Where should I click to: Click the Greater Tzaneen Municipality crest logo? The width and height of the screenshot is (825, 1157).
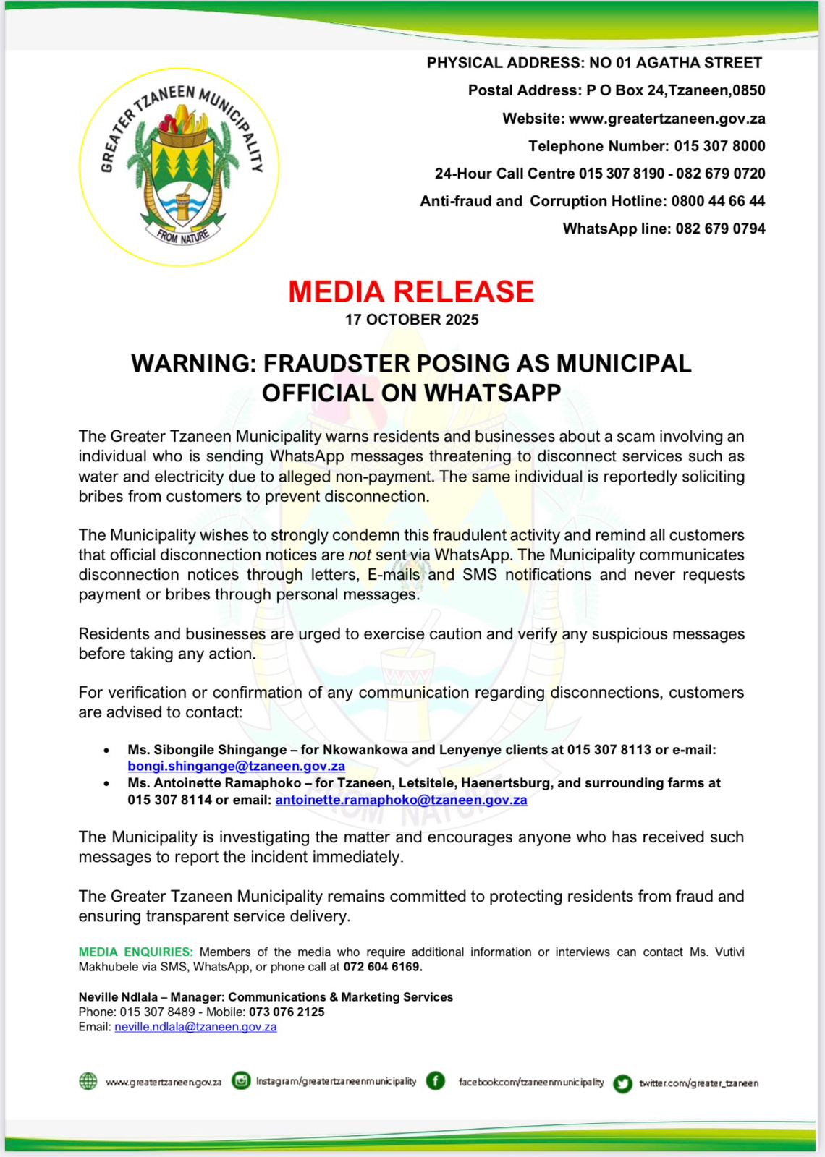179,167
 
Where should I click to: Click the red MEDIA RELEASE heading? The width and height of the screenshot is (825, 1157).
411,291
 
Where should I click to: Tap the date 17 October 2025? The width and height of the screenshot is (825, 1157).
412,320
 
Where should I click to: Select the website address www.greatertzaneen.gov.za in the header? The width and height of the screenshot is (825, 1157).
667,119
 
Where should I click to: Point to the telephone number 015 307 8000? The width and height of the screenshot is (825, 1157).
719,146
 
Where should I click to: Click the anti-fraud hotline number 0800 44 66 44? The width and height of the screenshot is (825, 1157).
718,201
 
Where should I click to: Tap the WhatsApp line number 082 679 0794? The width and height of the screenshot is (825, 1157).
720,229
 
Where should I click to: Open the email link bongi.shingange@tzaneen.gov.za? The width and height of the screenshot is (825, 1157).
236,767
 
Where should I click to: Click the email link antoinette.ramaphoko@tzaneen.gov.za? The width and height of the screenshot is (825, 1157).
401,800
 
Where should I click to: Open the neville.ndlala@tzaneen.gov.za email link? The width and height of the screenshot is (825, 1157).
195,1027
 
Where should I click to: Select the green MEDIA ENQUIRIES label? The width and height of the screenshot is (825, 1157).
136,952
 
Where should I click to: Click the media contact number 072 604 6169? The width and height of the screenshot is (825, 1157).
381,967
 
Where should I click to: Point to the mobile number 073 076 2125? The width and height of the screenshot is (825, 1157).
287,1012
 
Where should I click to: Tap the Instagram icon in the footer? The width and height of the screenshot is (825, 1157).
241,1081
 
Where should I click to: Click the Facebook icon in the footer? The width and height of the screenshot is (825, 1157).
436,1081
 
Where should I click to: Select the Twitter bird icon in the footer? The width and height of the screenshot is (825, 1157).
622,1083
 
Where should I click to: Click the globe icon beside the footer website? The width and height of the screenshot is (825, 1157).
88,1081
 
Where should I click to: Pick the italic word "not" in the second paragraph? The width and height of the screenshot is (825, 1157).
360,555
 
